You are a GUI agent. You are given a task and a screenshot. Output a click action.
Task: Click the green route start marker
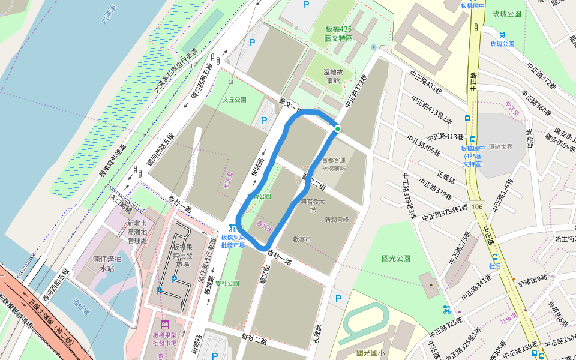(x=337, y=128)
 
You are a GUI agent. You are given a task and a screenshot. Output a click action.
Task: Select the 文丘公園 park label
(x=235, y=100)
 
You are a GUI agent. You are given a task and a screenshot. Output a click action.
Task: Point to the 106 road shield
(x=477, y=206)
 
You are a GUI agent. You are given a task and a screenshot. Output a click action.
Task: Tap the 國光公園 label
(x=396, y=258)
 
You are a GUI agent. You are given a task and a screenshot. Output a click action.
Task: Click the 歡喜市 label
(x=301, y=239)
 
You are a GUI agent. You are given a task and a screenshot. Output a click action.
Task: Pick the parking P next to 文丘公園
(x=263, y=121)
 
